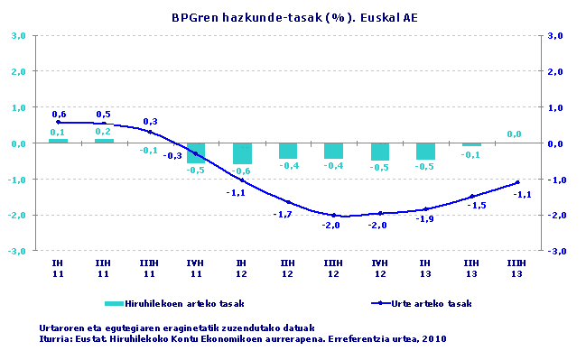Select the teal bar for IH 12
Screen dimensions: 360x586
pyautogui.click(x=242, y=153)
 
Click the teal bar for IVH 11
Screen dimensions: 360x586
pyautogui.click(x=196, y=152)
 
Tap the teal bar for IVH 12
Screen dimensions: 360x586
pyautogui.click(x=379, y=152)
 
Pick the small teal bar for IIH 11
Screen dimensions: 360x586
pyautogui.click(x=104, y=140)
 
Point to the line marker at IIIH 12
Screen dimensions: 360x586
pyautogui.click(x=333, y=215)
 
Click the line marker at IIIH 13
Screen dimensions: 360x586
pyautogui.click(x=516, y=182)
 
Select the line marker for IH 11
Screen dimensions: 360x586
pyautogui.click(x=58, y=122)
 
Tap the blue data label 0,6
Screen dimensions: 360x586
pyautogui.click(x=59, y=114)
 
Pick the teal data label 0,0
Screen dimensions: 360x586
pyautogui.click(x=515, y=134)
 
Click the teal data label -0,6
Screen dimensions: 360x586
pyautogui.click(x=241, y=171)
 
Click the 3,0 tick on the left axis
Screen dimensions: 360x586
pyautogui.click(x=18, y=35)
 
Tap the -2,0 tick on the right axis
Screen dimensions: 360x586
pyautogui.click(x=556, y=215)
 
